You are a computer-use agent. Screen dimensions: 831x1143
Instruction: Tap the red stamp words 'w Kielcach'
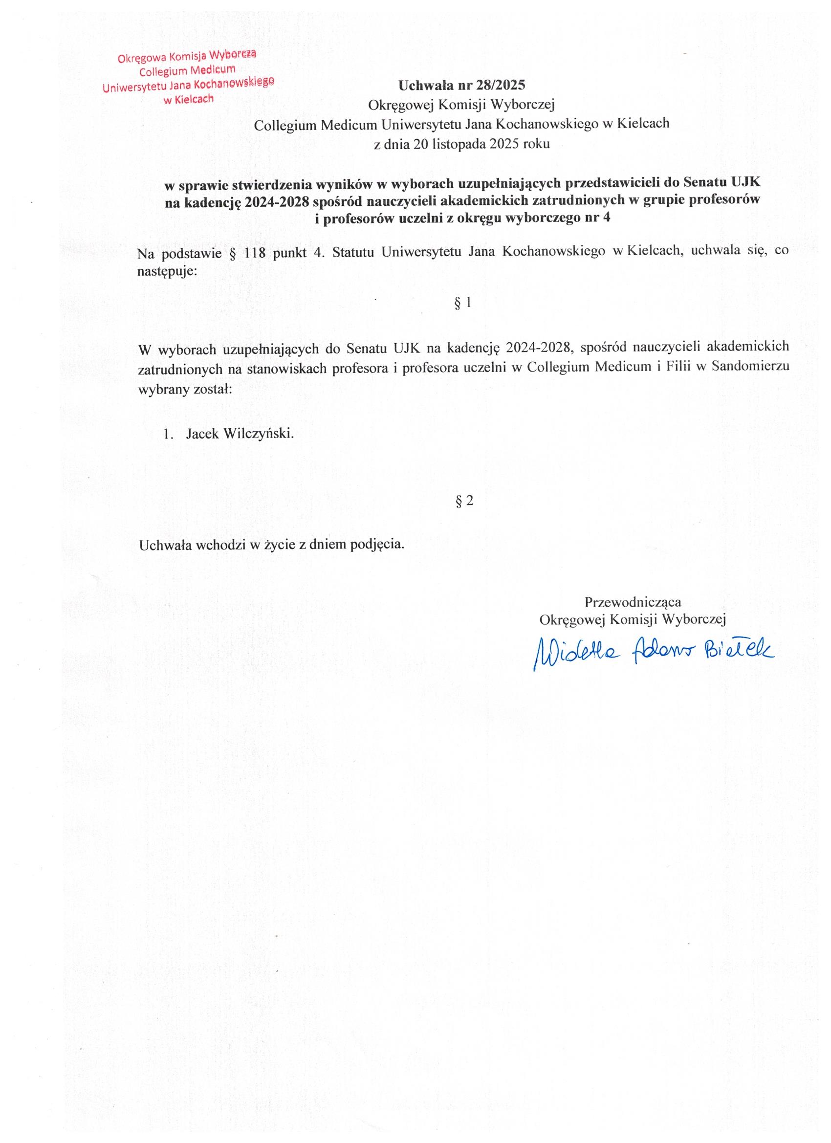click(x=189, y=99)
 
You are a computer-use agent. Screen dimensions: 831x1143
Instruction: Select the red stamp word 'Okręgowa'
click(x=137, y=58)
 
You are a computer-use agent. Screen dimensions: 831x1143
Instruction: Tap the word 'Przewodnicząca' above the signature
click(x=633, y=602)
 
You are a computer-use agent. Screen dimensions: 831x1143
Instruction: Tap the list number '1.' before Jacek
click(x=168, y=434)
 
